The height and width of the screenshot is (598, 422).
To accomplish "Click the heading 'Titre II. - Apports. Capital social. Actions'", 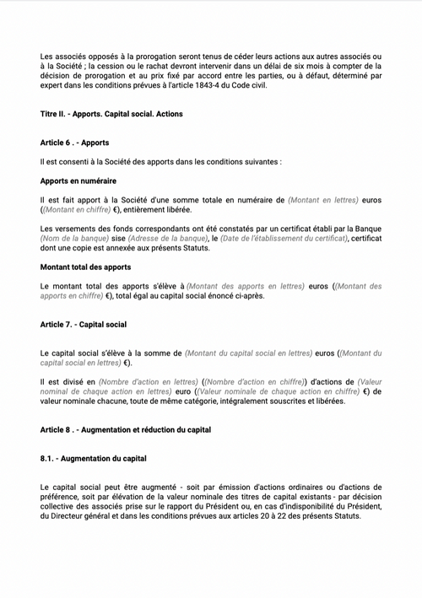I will [x=111, y=113].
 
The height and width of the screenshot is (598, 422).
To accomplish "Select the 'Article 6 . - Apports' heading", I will [x=74, y=143].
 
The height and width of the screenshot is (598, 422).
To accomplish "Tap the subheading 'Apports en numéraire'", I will [x=78, y=180].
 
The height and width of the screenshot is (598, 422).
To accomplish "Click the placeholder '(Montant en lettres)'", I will [x=322, y=201].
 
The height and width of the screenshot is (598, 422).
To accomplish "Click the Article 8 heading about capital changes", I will [x=125, y=429].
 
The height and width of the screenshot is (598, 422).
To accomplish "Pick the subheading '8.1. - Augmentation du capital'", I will [x=93, y=459].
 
